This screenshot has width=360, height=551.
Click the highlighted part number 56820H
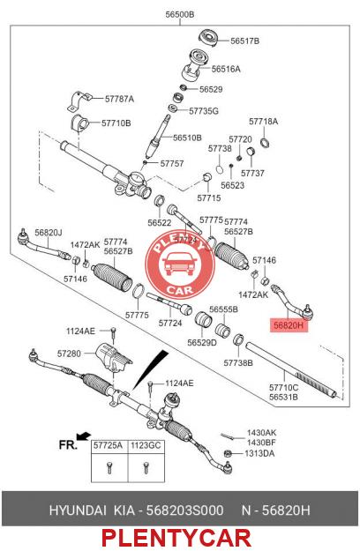(289, 325)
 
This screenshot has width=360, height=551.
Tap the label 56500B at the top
(180, 15)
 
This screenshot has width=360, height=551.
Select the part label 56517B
(244, 41)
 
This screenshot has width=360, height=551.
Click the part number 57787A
(119, 99)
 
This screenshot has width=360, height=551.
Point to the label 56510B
(187, 138)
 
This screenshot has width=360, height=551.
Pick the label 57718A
(263, 122)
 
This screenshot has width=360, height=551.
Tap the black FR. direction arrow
(84, 436)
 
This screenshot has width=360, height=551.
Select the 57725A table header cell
(108, 445)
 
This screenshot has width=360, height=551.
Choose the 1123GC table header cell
(146, 445)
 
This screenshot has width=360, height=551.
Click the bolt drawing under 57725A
(109, 467)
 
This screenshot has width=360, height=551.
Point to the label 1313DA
(259, 453)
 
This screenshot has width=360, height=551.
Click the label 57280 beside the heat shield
(69, 354)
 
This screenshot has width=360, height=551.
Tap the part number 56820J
(49, 233)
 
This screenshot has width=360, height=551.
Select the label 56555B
(223, 309)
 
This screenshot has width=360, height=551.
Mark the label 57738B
(238, 362)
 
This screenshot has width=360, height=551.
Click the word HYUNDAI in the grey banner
(78, 510)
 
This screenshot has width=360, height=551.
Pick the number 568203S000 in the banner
(184, 510)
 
